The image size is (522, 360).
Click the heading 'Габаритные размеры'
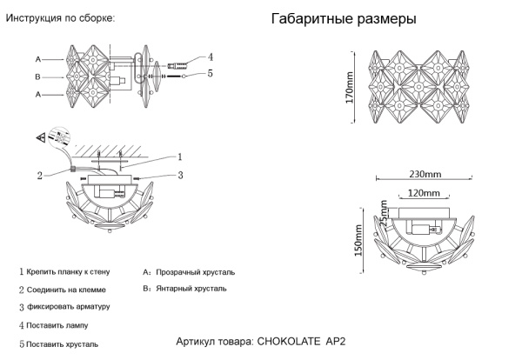[343, 19]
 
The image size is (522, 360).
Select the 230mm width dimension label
[425, 171]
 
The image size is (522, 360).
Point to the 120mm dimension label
[424, 192]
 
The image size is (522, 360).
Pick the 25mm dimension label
[384, 211]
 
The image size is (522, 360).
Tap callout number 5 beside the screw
[210, 74]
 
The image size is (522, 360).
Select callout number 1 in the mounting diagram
[179, 157]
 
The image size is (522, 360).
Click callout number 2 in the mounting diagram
[40, 176]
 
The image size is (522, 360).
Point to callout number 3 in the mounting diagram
[179, 176]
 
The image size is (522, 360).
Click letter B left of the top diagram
[38, 77]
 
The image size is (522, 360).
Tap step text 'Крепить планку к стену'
[67, 272]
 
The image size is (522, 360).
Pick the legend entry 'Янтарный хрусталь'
[190, 287]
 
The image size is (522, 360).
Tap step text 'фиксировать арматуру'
[68, 307]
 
